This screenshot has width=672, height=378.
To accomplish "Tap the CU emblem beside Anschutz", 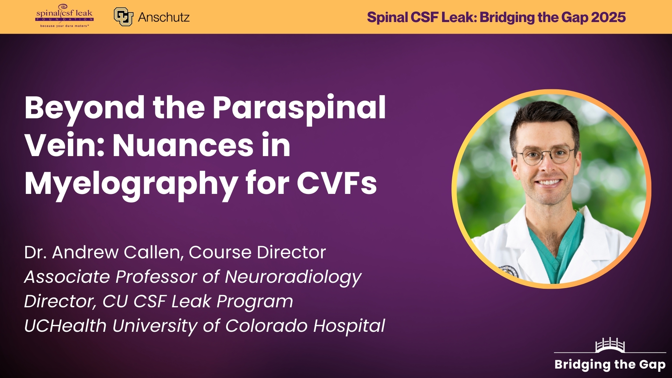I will [123, 17].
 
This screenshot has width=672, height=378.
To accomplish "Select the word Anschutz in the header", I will [164, 17].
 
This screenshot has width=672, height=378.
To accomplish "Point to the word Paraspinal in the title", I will [299, 108].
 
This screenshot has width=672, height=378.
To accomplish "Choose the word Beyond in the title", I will [84, 108].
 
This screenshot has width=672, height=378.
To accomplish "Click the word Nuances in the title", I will [183, 146].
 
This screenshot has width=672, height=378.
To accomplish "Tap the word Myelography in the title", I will [131, 184].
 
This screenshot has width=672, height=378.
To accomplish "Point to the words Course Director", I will [257, 252].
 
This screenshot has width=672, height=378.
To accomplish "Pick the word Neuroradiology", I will [293, 277].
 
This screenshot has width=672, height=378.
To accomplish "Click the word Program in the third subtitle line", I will [254, 302].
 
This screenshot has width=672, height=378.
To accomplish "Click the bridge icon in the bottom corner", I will [610, 345].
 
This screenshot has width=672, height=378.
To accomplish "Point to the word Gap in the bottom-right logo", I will [652, 365].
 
